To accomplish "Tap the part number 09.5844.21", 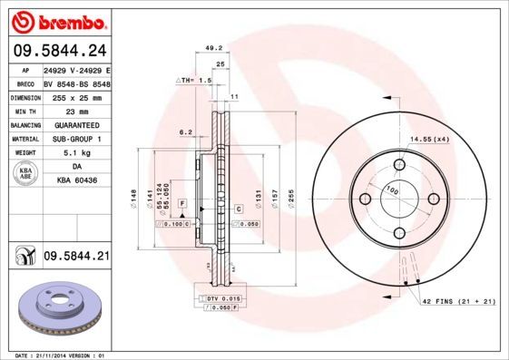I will pos(75,258).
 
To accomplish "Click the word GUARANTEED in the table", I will pos(76,124).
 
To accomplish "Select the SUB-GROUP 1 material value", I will pos(76,139).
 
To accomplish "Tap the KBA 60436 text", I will pos(76,181).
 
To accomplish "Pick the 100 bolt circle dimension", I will pos(393,190).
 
